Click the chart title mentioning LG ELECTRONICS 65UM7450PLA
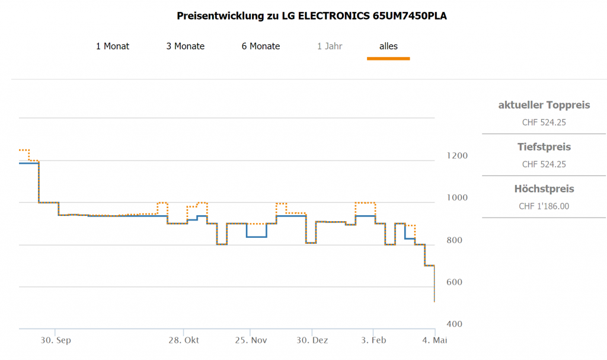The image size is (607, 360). point(312,16)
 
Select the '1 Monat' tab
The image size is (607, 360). point(113,46)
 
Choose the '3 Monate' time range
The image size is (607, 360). point(185,46)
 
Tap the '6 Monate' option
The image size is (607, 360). point(261,46)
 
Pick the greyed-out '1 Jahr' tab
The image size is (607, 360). point(330,46)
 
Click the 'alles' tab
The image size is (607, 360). point(388,46)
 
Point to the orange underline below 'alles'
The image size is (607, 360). point(388,58)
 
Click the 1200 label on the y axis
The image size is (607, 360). point(456,156)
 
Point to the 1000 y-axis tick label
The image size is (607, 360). point(456,198)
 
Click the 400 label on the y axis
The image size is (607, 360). point(453,324)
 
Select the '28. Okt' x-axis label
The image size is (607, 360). point(183,340)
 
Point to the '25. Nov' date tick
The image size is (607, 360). point(251,340)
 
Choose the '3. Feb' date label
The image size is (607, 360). point(373,340)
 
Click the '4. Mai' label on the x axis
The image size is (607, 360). point(435,340)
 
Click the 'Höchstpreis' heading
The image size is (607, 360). point(544,189)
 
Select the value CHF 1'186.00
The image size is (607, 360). point(544,206)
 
